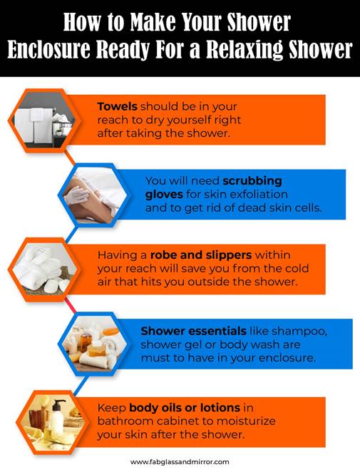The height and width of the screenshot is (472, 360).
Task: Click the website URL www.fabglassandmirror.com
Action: click(180, 461)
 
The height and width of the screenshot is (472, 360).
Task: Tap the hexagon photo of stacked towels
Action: click(42, 117)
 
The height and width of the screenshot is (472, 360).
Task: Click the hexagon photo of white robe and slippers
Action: click(42, 272)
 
